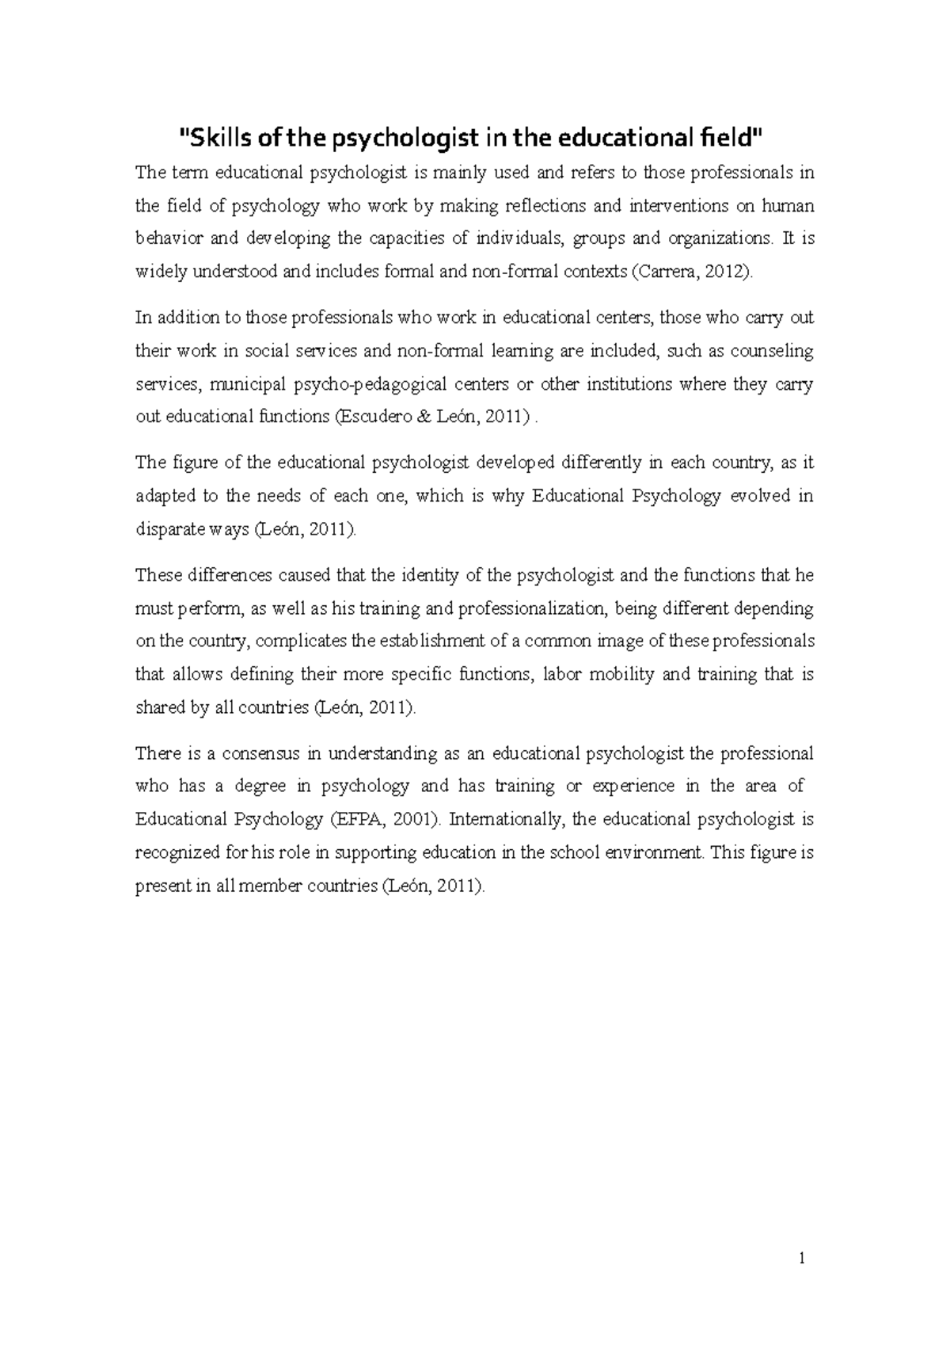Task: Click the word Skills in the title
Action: point(213,139)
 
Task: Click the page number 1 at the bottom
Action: point(802,1257)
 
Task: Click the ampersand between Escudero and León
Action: point(424,417)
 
